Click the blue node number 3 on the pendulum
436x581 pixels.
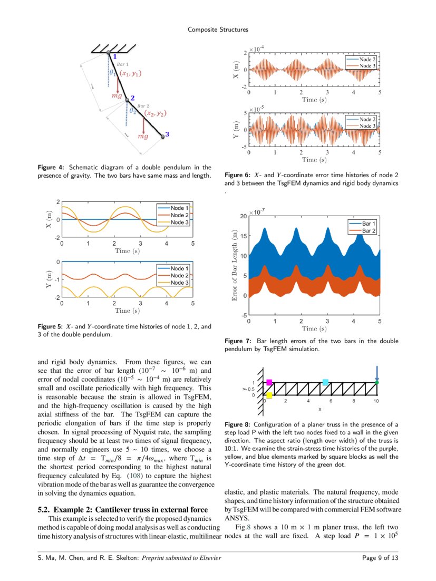pos(167,135)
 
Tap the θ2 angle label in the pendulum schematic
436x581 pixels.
pos(133,111)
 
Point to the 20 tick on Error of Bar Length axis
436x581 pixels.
pos(244,216)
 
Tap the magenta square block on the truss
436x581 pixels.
pos(269,382)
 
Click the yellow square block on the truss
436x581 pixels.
pos(269,395)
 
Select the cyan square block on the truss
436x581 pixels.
pos(325,382)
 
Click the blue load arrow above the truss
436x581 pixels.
pos(376,373)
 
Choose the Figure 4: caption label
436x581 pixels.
pos(52,167)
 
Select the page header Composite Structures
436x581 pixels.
pos(218,30)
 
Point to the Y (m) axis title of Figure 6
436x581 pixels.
pos(237,127)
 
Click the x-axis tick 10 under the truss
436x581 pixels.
pos(376,401)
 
